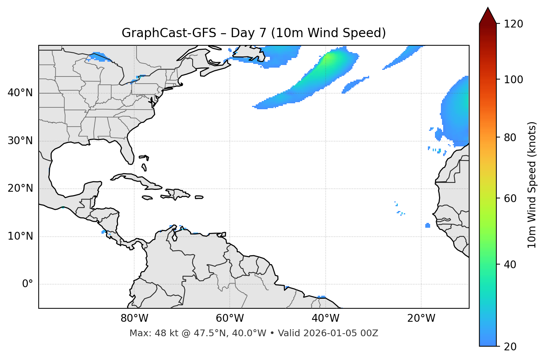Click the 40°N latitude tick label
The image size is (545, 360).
pyautogui.click(x=20, y=93)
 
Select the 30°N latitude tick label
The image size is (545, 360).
pyautogui.click(x=20, y=141)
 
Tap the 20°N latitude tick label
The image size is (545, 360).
pyautogui.click(x=20, y=188)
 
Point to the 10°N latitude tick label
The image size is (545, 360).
pyautogui.click(x=20, y=236)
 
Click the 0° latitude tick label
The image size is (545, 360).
pyautogui.click(x=28, y=284)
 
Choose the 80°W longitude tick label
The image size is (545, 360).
pyautogui.click(x=134, y=318)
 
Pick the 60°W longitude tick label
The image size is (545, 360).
pyautogui.click(x=230, y=318)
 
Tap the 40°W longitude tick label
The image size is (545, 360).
pyautogui.click(x=325, y=318)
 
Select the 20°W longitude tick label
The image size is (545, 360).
pyautogui.click(x=421, y=318)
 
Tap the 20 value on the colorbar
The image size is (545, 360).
pyautogui.click(x=510, y=347)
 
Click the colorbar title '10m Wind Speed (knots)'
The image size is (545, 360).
pyautogui.click(x=532, y=185)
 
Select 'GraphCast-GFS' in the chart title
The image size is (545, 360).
pyautogui.click(x=169, y=33)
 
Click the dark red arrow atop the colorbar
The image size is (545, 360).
pyautogui.click(x=488, y=16)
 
